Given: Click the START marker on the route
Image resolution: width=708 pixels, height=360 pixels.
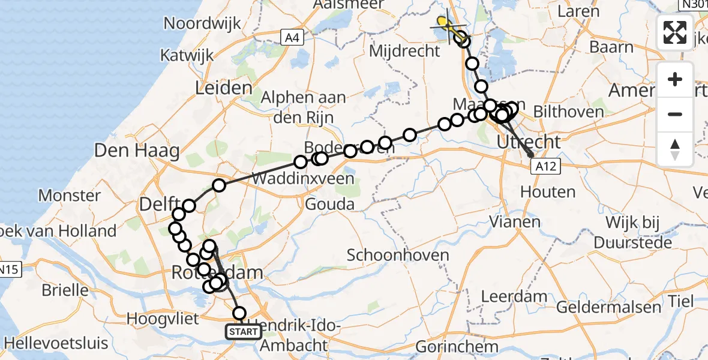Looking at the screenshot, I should click(x=244, y=332).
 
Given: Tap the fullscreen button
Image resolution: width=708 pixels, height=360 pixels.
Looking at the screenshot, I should click(x=675, y=32).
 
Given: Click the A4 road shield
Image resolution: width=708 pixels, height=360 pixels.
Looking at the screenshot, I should click(x=291, y=38).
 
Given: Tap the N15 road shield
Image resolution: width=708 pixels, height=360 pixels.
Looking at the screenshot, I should click(x=10, y=270).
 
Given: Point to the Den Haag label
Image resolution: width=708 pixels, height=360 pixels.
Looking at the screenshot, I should click(x=137, y=151).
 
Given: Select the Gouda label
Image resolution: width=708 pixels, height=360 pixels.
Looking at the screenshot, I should click(x=329, y=205).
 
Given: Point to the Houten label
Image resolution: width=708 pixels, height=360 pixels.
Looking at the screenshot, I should click(x=548, y=193).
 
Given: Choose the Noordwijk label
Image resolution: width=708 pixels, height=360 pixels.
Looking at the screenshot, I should click(x=202, y=24).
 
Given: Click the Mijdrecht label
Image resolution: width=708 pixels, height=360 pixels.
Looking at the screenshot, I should click(x=404, y=51).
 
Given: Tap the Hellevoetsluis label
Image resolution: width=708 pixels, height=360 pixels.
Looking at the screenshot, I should click(x=55, y=344).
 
